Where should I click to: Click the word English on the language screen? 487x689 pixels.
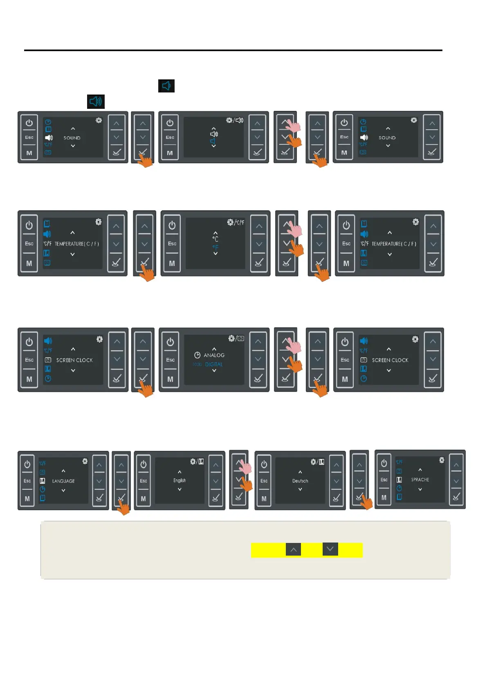pos(180,480)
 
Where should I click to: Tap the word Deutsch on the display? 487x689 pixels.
pos(300,481)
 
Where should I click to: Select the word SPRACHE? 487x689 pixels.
pos(420,480)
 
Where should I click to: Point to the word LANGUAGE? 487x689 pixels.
pos(63,481)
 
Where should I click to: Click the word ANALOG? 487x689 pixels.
pos(214,355)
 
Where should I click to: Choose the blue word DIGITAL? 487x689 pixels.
pos(214,364)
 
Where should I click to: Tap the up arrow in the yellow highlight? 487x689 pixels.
pos(293,549)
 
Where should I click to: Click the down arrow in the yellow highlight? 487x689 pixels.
pos(330,549)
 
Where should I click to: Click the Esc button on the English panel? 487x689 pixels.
pos(144,481)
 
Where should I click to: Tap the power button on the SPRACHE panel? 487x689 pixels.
pos(384,463)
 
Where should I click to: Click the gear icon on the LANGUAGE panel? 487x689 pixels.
pos(85,461)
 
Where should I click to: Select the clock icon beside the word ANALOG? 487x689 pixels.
pos(197,355)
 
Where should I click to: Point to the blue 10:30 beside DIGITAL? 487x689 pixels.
pos(197,364)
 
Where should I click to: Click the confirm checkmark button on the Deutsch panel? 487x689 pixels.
pos(336,498)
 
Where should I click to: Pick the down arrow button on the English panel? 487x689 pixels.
pos(215,481)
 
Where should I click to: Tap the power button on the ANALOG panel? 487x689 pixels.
pos(171,342)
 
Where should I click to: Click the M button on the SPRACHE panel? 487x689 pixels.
pos(384,498)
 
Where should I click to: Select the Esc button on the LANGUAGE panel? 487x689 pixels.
pos(27,481)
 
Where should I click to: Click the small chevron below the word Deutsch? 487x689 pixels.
pos(300,489)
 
